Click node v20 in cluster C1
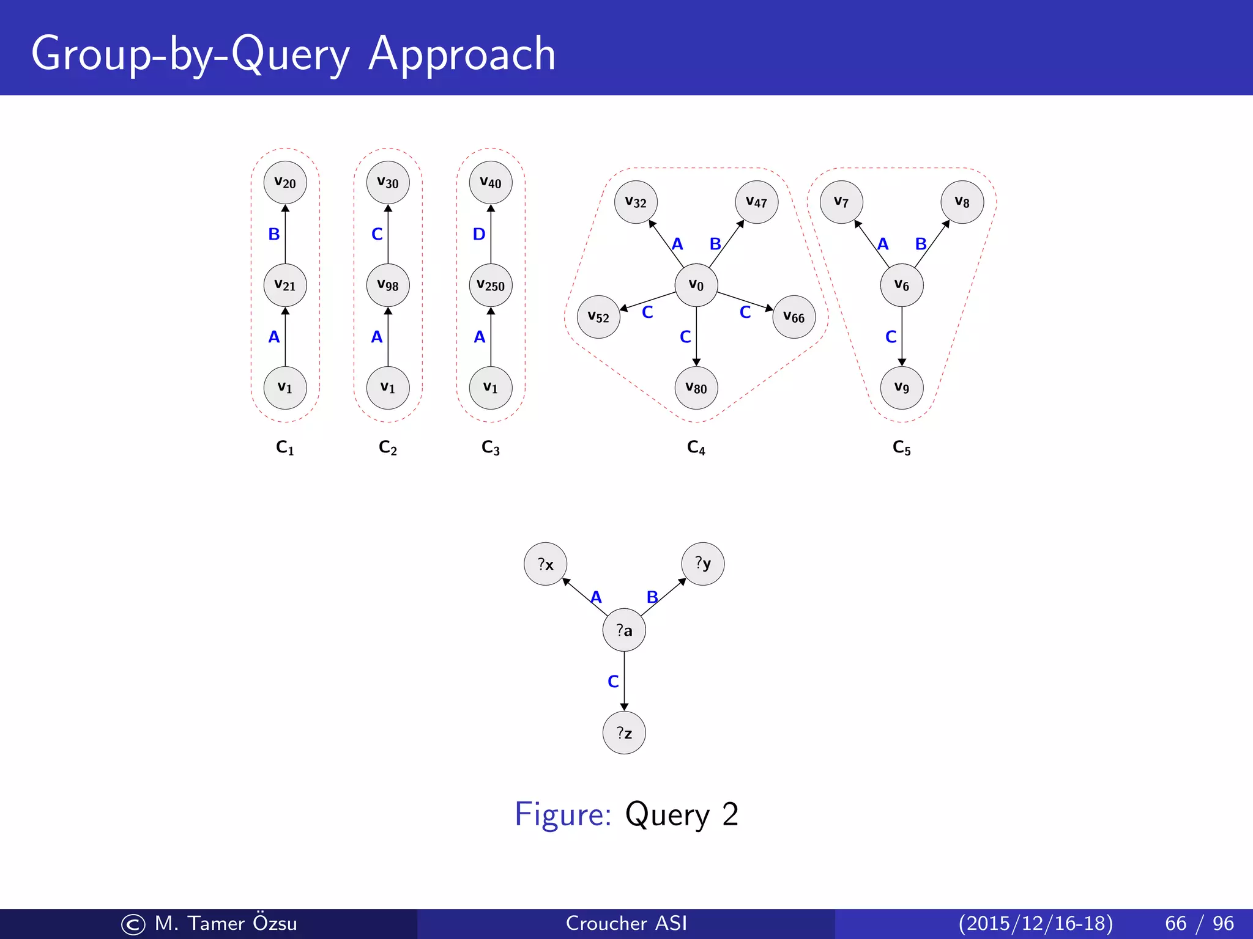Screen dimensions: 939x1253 (x=285, y=183)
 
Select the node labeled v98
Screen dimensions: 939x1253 (x=388, y=285)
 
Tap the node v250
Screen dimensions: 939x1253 (x=491, y=285)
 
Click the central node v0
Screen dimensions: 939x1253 (x=696, y=285)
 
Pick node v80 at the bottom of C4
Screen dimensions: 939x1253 (x=696, y=388)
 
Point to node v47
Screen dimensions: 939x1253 (x=757, y=202)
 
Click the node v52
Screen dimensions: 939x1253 (x=598, y=317)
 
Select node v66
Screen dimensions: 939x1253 (x=794, y=317)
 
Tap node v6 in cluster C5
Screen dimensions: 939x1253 (x=902, y=285)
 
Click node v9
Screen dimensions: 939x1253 (x=902, y=388)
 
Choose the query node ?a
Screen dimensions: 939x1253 (x=624, y=630)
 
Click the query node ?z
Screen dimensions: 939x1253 (x=624, y=733)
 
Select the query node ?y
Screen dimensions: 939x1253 (x=703, y=564)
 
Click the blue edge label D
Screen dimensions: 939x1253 (x=479, y=234)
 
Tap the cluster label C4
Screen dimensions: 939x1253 (x=696, y=447)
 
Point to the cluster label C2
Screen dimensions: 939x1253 (x=388, y=447)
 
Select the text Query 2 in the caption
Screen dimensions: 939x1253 (x=682, y=814)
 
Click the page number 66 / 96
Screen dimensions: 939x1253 (x=1199, y=923)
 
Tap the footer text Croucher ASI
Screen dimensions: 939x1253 (x=626, y=923)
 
